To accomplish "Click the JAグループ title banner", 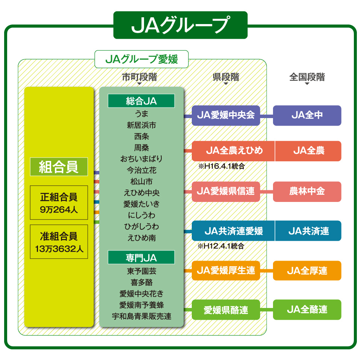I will point(180,25).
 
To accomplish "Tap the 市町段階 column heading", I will point(140,77).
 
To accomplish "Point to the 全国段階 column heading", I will point(307,77).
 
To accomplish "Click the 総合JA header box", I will point(141,101).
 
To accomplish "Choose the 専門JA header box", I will point(141,258).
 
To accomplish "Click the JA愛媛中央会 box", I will point(226,115).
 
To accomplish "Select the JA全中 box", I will point(307,115).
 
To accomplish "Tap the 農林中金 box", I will point(307,191).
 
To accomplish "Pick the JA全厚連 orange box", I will point(307,270).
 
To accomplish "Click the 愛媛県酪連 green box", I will point(226,310).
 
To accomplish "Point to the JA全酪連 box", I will point(307,309).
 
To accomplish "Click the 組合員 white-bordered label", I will point(59,167).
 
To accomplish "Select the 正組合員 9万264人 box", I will point(59,202).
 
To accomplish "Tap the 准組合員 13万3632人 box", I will point(59,241).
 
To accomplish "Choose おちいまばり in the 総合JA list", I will point(141,159).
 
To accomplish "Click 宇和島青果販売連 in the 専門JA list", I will point(141,316).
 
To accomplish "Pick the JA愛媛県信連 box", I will point(226,191).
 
